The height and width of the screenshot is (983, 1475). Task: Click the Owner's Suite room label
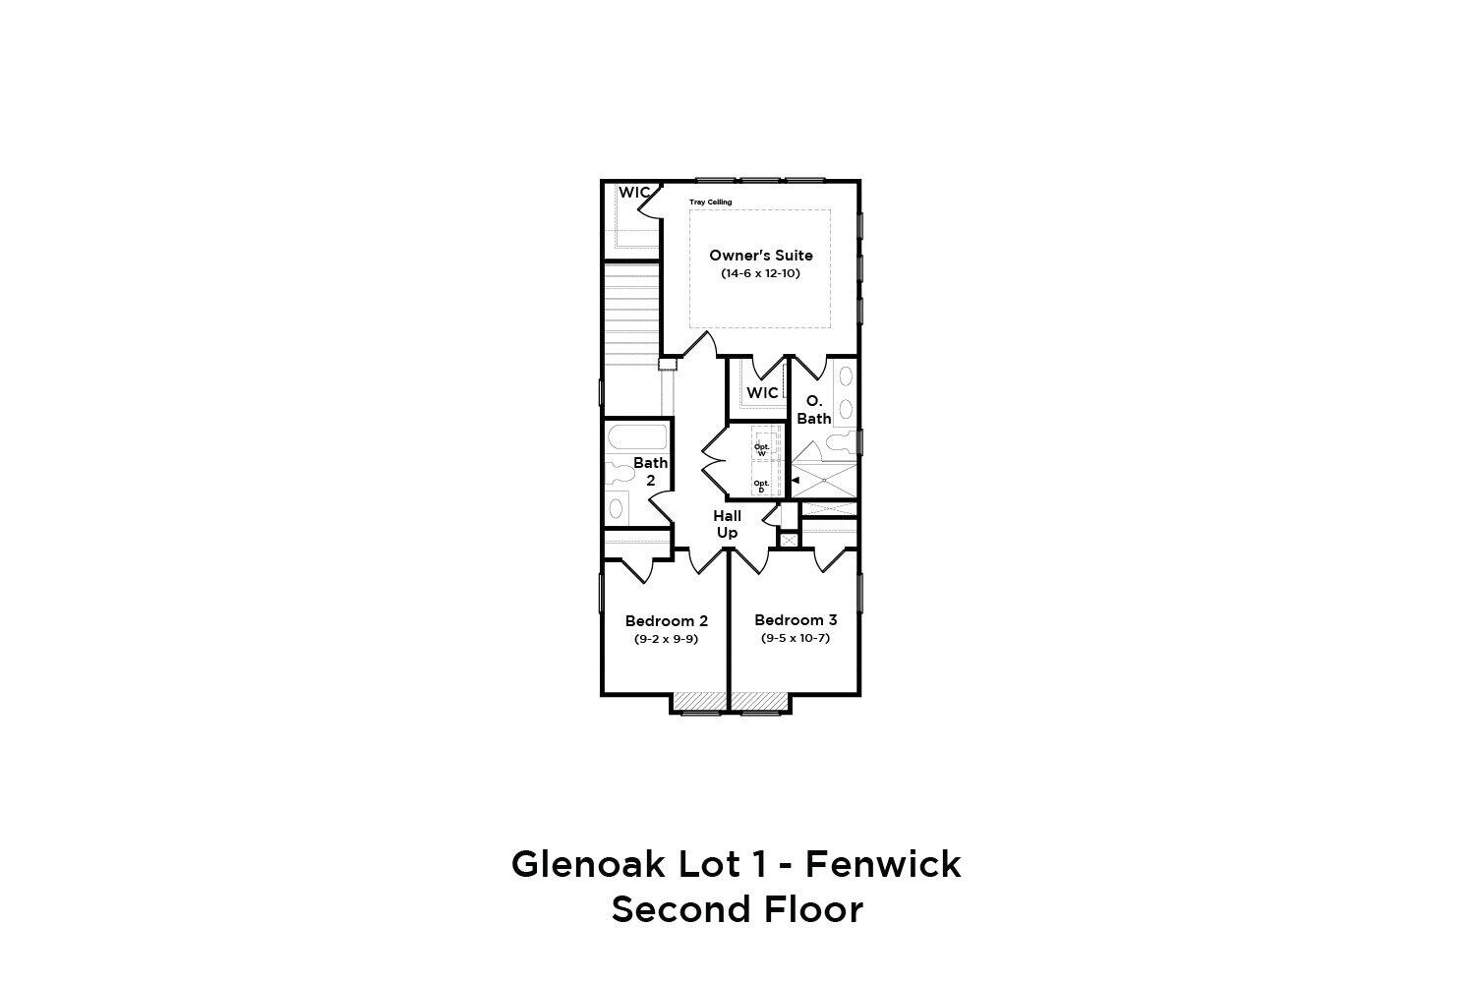[x=760, y=256]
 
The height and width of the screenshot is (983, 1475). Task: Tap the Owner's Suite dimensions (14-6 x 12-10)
[x=760, y=273]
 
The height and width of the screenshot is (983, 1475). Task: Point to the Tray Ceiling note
[x=711, y=202]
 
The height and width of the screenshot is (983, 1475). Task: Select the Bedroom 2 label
[x=667, y=621]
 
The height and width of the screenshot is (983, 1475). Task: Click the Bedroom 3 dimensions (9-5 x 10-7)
[x=796, y=638]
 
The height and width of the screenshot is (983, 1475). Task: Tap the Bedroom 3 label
[x=796, y=620]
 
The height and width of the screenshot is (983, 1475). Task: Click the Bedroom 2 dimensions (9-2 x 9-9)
[x=667, y=639]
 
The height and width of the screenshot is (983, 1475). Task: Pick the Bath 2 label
[x=651, y=472]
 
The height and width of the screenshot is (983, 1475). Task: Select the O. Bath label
[x=814, y=410]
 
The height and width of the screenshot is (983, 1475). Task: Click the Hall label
[x=727, y=515]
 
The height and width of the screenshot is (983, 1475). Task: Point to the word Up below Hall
[x=727, y=533]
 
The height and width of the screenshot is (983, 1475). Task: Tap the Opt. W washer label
[x=762, y=449]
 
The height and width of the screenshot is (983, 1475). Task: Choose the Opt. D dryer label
[x=761, y=487]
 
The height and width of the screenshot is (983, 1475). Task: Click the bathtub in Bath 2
[x=637, y=437]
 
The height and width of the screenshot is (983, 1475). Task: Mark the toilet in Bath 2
[x=618, y=472]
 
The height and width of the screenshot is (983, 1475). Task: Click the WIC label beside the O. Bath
[x=762, y=393]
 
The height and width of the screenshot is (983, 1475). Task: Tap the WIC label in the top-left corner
[x=634, y=193]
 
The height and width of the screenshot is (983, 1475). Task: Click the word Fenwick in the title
[x=883, y=864]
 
